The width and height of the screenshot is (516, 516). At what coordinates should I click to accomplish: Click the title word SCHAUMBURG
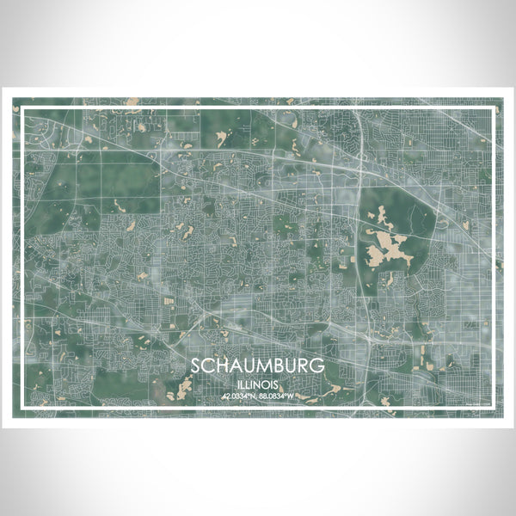tap(258, 365)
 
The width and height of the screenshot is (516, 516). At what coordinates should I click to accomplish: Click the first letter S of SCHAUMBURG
tap(197, 365)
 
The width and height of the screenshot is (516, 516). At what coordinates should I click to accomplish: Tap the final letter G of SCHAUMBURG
tap(318, 365)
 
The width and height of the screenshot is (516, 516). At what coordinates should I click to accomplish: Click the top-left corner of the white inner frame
tap(21, 107)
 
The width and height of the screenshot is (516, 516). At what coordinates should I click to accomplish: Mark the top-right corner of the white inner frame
tap(494, 107)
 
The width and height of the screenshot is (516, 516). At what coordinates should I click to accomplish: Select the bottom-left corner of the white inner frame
tap(21, 408)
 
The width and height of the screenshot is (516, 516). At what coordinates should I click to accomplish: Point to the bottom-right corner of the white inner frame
tap(494, 408)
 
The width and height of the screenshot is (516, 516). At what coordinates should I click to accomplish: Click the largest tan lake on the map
tap(386, 249)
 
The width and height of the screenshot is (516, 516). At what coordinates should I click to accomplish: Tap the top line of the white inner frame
tap(258, 107)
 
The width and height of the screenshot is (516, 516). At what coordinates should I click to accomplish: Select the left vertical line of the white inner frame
tap(21, 258)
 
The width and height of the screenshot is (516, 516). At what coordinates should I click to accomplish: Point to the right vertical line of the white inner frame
tap(494, 258)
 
